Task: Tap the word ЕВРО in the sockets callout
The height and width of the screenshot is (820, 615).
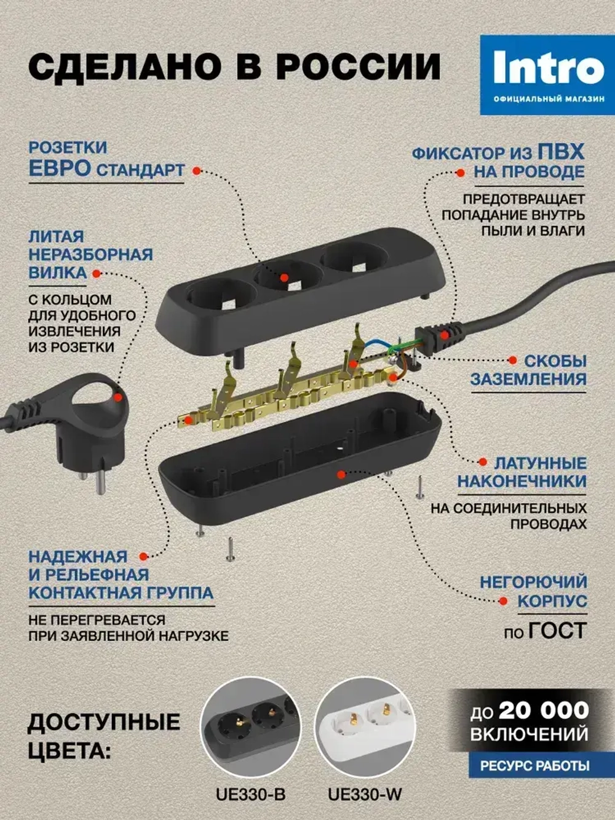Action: click(x=60, y=169)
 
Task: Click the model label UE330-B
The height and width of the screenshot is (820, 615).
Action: click(x=250, y=794)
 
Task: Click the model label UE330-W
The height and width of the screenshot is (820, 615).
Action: click(x=365, y=794)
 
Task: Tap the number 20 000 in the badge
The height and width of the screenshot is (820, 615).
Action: click(x=544, y=711)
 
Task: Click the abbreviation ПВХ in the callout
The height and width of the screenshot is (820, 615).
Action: click(x=561, y=152)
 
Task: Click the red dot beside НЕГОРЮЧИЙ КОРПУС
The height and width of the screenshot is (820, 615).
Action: click(x=504, y=601)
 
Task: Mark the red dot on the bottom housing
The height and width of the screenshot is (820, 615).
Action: click(x=341, y=474)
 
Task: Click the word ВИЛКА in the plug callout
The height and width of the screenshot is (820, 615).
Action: click(x=57, y=273)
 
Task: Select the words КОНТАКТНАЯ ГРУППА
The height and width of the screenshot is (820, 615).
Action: click(x=121, y=593)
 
